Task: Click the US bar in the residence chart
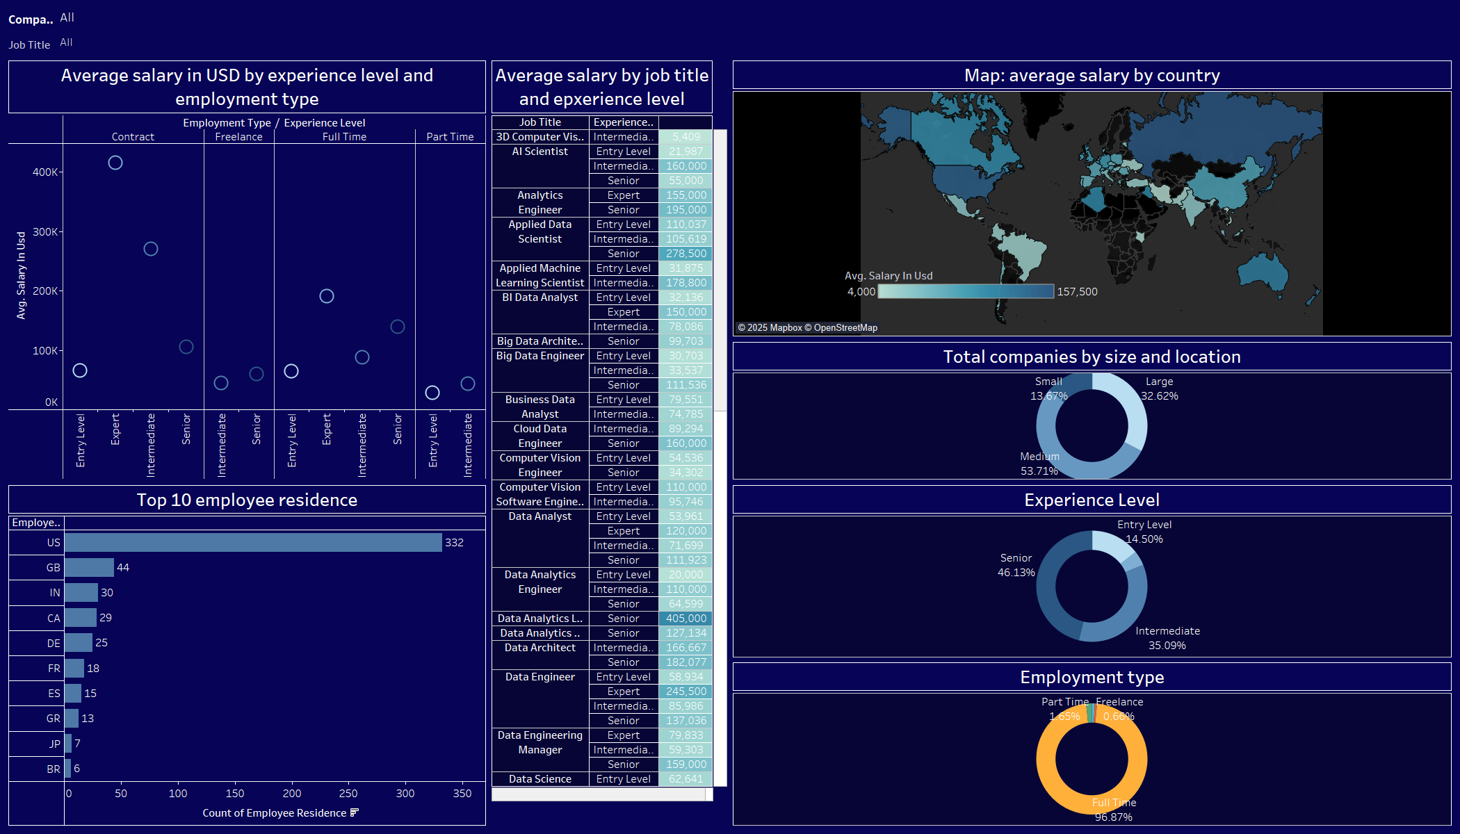point(253,542)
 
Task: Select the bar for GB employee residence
point(89,567)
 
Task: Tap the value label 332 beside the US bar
point(454,542)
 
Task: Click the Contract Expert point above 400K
point(115,162)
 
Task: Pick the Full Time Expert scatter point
point(327,296)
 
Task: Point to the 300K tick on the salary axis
point(45,231)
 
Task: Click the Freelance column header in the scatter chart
point(238,137)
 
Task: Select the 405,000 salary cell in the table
point(686,619)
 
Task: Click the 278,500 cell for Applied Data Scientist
point(686,254)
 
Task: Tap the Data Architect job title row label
point(540,648)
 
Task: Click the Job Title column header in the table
point(540,122)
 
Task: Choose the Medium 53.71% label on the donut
point(1039,464)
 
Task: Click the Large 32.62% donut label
point(1159,389)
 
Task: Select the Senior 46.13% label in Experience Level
point(1016,565)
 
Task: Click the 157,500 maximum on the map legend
point(1077,291)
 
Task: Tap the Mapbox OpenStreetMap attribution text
point(807,327)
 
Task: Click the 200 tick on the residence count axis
point(291,793)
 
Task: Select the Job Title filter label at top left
point(29,44)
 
